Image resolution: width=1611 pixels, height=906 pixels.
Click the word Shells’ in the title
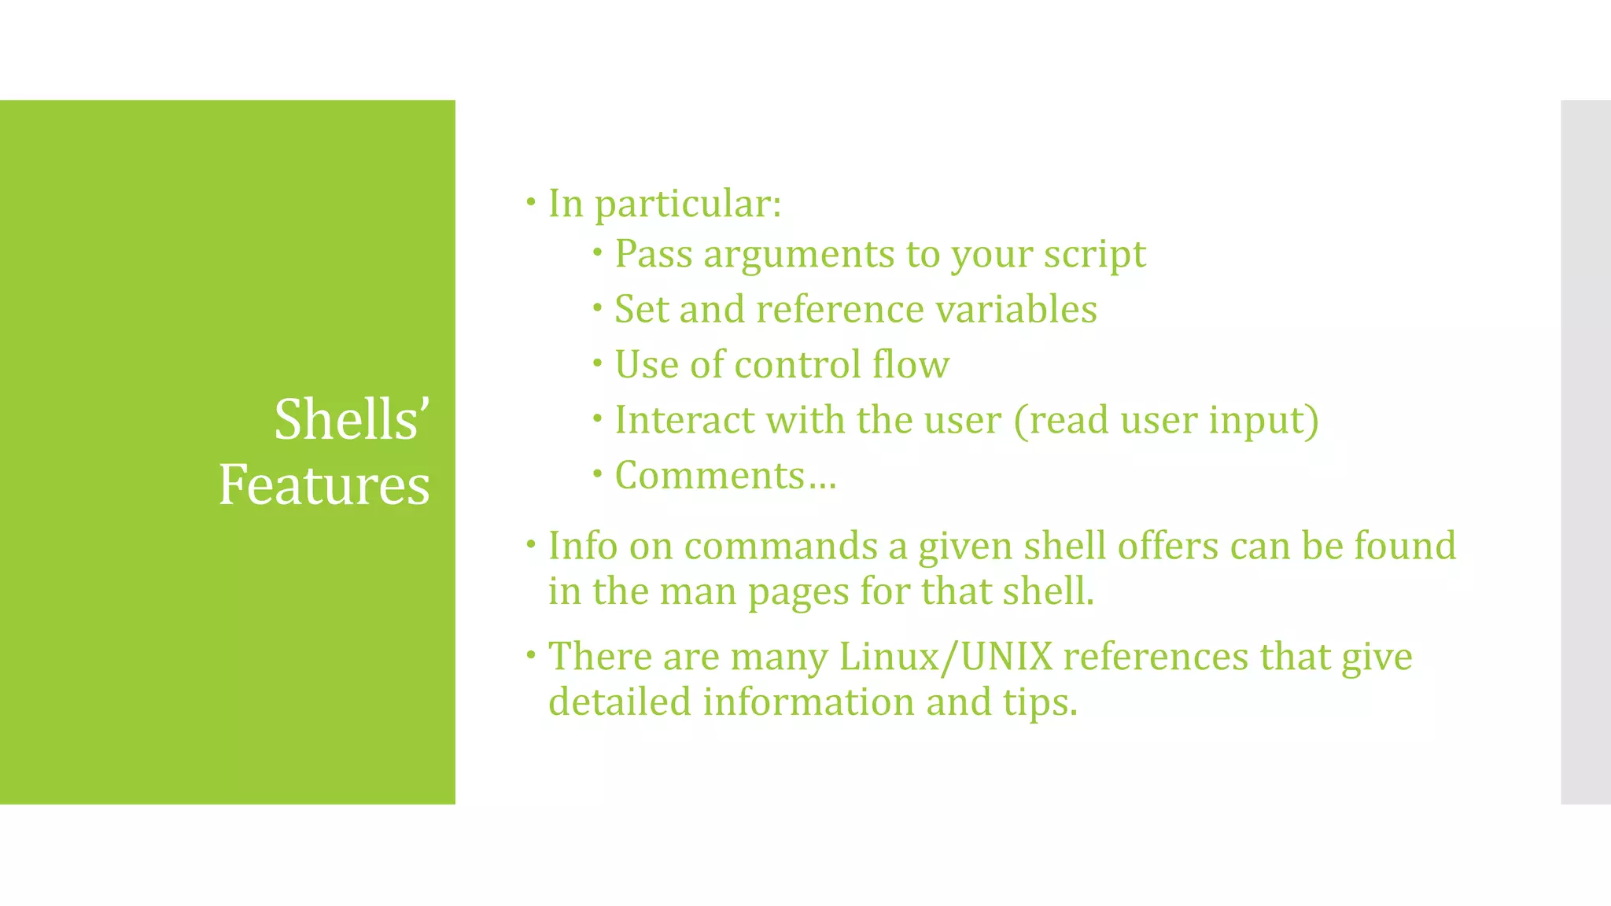pos(352,419)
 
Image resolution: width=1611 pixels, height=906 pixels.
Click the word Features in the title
pos(324,484)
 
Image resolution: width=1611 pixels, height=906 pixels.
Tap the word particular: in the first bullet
pos(688,204)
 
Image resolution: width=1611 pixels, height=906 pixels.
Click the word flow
pos(911,365)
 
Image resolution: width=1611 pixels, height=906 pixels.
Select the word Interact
pos(684,420)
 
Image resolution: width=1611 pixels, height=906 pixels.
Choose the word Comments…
pos(725,476)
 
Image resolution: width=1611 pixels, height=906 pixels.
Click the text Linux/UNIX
pos(946,657)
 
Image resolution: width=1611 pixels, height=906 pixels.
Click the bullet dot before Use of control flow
pos(598,363)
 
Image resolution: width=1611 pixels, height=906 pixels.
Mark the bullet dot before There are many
pos(531,654)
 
